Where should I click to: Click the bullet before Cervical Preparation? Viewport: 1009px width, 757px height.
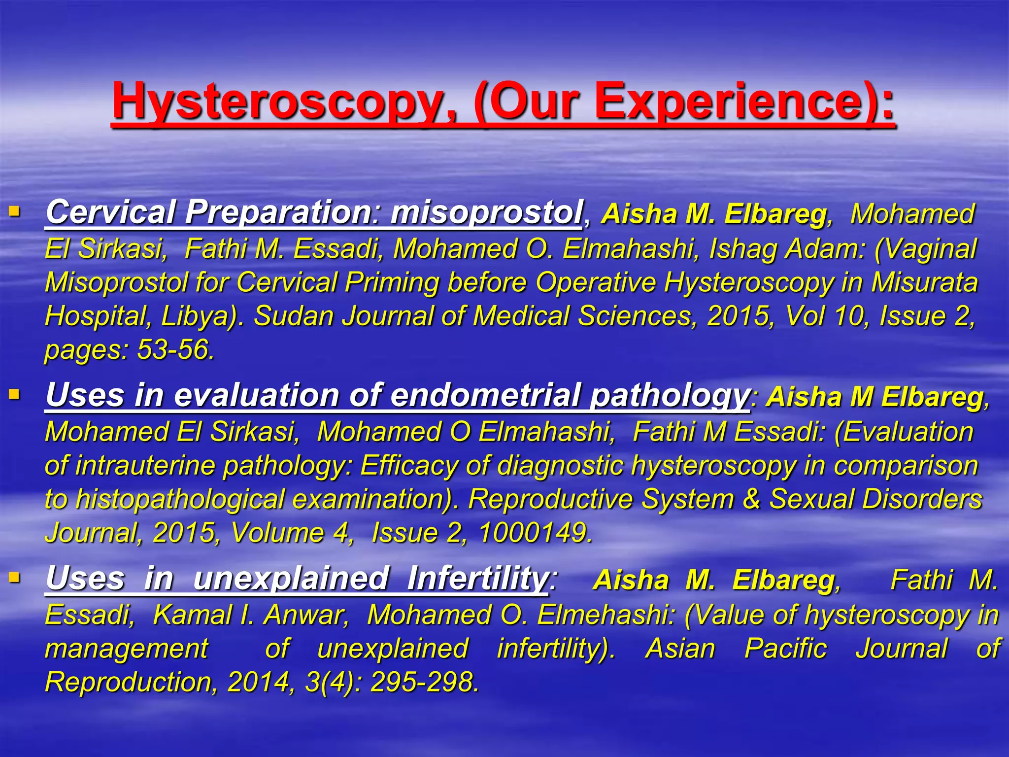pyautogui.click(x=14, y=212)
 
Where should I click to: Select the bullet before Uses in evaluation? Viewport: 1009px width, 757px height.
pyautogui.click(x=14, y=395)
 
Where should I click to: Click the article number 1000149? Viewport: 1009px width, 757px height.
pyautogui.click(x=535, y=533)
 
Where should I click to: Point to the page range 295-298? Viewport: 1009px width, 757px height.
pyautogui.click(x=424, y=682)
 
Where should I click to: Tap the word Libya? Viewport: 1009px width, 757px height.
pyautogui.click(x=199, y=316)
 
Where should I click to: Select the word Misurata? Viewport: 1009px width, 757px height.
pyautogui.click(x=924, y=282)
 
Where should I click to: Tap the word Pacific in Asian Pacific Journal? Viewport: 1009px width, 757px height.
pyautogui.click(x=785, y=649)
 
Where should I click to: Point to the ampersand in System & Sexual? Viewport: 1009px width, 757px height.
pyautogui.click(x=752, y=499)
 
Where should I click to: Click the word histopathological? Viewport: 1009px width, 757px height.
pyautogui.click(x=180, y=499)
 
